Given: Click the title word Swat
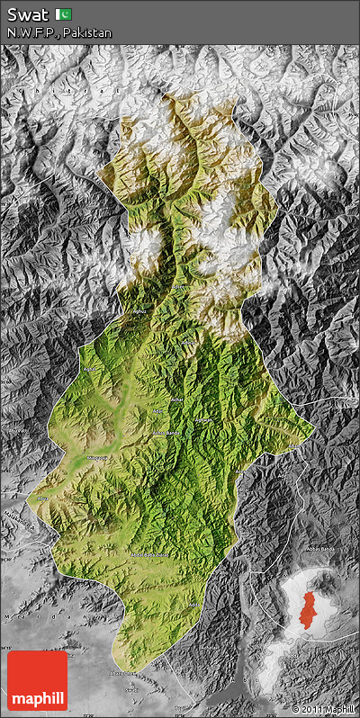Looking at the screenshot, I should point(26,13).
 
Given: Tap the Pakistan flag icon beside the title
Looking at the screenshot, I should point(64,13).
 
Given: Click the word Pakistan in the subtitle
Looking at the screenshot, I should point(87,32).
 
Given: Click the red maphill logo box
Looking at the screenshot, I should point(37,680).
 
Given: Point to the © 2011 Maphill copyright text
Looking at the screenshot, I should point(322,710).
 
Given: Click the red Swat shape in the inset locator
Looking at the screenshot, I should point(310,612).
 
